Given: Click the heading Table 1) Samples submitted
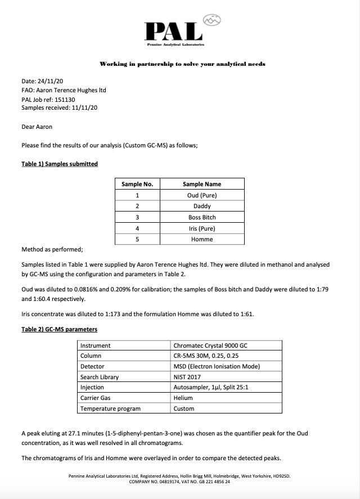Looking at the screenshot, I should (59, 164).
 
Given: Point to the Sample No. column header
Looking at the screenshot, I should (137, 184).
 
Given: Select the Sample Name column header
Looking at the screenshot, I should (202, 184).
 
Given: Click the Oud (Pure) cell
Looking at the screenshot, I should (202, 195).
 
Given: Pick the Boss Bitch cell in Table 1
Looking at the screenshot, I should (202, 217).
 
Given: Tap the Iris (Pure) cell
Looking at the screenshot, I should (202, 228).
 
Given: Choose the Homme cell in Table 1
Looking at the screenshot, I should (202, 239).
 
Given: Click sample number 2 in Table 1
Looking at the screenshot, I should (137, 206).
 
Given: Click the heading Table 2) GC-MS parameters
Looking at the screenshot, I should (59, 329).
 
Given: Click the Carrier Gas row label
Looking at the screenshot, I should (96, 398).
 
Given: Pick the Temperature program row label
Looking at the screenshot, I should (110, 408).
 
